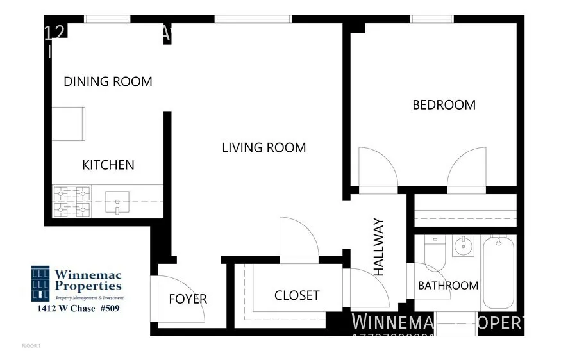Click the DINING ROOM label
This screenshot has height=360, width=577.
pos(108,82)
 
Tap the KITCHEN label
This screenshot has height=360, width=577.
pos(108,165)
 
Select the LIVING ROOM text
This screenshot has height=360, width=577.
pos(263,148)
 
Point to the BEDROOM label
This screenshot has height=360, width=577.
pos(444,105)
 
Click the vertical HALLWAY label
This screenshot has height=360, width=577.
pos(379,247)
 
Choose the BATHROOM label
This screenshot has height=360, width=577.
pos(448,286)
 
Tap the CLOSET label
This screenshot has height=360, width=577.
pos(297,295)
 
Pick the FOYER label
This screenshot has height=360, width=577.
pos(188,299)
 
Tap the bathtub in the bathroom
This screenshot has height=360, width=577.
pos(499,272)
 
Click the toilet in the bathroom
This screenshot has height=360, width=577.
pos(435,254)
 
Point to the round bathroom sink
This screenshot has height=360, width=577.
pos(462,245)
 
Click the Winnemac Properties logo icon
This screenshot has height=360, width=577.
pos(40,283)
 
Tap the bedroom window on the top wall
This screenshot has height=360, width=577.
pos(432,19)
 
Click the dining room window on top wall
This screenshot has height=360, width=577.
pos(107,19)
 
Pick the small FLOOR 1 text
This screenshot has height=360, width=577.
pos(31,346)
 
